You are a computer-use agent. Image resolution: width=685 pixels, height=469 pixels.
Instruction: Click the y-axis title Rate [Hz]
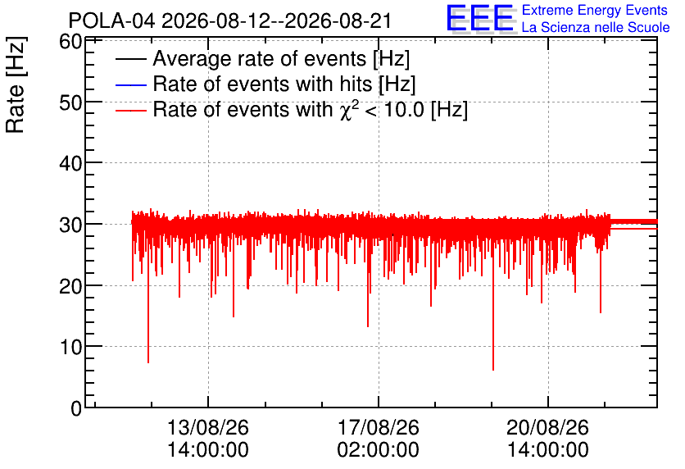(16, 84)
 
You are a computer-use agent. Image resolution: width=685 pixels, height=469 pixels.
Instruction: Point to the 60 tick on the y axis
(70, 42)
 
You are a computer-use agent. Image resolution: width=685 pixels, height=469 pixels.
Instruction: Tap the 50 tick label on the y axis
(70, 102)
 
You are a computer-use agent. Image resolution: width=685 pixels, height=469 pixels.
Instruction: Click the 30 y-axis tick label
(70, 225)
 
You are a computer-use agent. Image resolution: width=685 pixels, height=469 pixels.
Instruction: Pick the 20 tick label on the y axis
(70, 286)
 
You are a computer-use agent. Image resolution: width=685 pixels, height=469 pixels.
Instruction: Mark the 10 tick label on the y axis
(70, 347)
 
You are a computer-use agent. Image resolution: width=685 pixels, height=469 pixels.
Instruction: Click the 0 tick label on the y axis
(76, 408)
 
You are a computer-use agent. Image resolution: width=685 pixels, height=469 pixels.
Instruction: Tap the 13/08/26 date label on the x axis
(208, 427)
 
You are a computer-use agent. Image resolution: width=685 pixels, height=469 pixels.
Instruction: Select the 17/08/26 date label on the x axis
(379, 427)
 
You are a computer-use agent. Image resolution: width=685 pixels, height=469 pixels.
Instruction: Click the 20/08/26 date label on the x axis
(548, 427)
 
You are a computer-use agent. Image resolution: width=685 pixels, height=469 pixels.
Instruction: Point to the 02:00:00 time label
(379, 450)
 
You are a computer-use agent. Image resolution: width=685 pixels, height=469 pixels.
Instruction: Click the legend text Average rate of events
(260, 58)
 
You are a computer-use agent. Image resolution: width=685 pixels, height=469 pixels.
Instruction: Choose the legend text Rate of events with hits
(262, 84)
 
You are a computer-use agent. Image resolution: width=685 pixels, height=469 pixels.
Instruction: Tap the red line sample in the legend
(130, 111)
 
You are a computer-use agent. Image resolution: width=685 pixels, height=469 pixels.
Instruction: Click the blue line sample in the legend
(130, 84)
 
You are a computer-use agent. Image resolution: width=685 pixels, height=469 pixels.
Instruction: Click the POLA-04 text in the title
(111, 21)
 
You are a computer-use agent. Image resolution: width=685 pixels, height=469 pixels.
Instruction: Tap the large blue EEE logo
(480, 17)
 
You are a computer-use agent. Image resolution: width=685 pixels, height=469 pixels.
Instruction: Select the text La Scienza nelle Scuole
(596, 27)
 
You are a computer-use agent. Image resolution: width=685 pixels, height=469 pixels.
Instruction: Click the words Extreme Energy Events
(595, 10)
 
